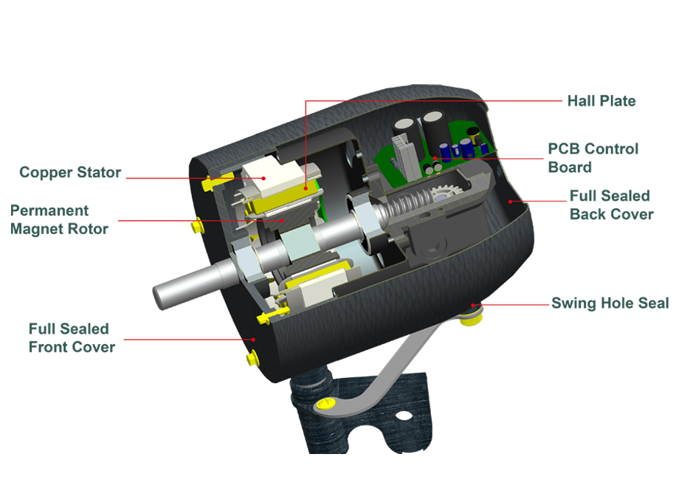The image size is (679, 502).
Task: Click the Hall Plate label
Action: (x=602, y=101)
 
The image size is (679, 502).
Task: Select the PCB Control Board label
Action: (x=593, y=158)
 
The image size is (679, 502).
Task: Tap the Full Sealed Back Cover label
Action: (x=611, y=205)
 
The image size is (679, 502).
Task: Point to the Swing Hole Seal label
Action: (x=610, y=303)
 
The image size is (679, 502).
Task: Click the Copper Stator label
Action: (x=70, y=173)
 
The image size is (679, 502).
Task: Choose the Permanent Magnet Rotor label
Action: (x=59, y=219)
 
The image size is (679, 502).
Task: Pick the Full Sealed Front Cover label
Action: (x=72, y=338)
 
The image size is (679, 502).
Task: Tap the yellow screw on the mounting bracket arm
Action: (x=325, y=404)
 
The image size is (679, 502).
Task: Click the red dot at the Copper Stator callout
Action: (x=263, y=178)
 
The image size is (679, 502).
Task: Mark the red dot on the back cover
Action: (x=510, y=202)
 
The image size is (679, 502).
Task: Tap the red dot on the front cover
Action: (x=254, y=340)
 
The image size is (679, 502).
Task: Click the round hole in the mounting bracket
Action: (x=404, y=416)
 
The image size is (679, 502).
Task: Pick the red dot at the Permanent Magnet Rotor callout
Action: (x=282, y=221)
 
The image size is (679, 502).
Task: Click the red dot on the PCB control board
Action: (x=434, y=158)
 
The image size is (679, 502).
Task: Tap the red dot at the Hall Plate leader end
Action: (x=306, y=188)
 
